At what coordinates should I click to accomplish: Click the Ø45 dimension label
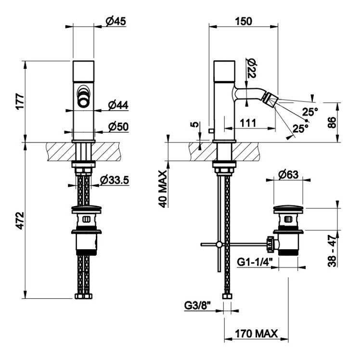click(x=116, y=21)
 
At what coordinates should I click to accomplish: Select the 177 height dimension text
click(x=20, y=102)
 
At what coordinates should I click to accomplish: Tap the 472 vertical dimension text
click(x=20, y=221)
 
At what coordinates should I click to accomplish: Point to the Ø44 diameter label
click(x=118, y=105)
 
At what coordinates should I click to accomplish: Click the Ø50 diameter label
click(x=118, y=127)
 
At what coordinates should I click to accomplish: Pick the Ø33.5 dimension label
click(x=115, y=180)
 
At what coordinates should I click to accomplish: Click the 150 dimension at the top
click(x=244, y=21)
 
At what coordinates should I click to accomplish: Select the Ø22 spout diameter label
click(x=251, y=68)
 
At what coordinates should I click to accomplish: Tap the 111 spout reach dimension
click(x=248, y=123)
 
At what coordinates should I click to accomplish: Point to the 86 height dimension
click(x=332, y=123)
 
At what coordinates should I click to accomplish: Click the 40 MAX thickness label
click(x=163, y=189)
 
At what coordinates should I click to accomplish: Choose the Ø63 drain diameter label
click(x=288, y=175)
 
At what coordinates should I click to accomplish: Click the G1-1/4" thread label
click(x=255, y=262)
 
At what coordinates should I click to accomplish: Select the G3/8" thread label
click(x=197, y=306)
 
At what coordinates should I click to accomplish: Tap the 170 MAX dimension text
click(x=256, y=334)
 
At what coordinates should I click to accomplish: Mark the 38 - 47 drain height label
click(x=332, y=250)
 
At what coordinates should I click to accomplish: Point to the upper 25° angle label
click(x=310, y=112)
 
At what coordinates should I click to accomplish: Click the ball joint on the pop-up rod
click(x=219, y=244)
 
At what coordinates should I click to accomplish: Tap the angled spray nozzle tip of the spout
click(x=271, y=99)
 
